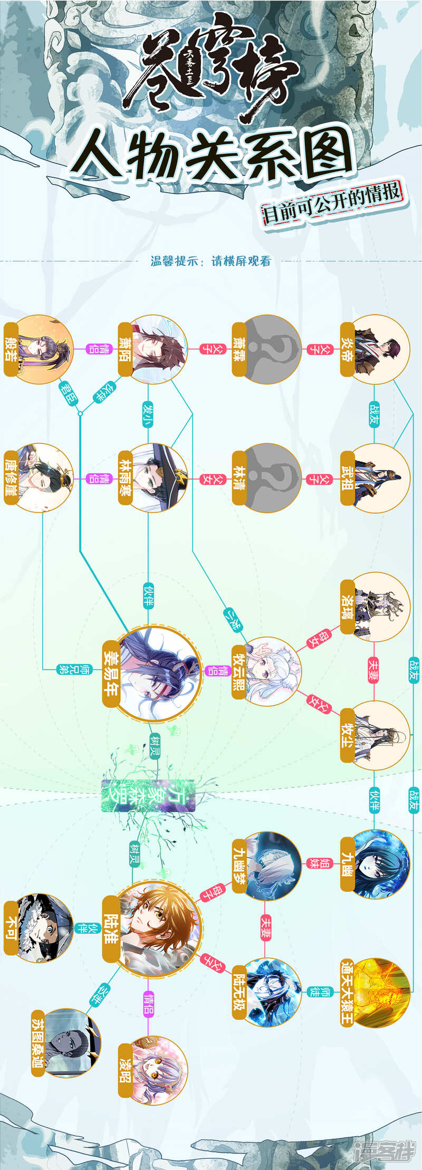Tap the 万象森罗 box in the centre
point(148,796)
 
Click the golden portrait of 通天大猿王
point(381,992)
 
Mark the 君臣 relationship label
point(69,393)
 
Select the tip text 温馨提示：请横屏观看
point(210,261)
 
